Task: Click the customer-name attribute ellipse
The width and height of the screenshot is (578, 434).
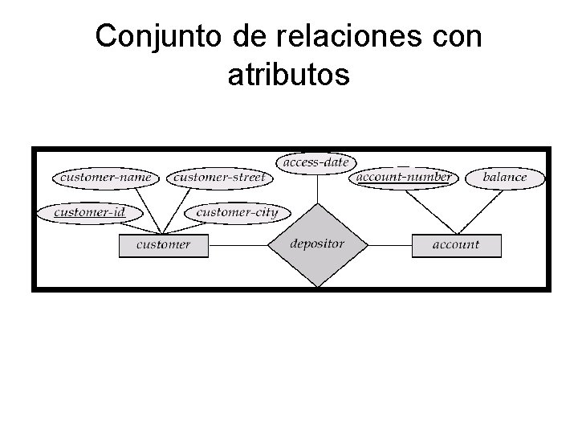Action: pyautogui.click(x=106, y=177)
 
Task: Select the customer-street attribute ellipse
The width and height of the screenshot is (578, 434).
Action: pyautogui.click(x=218, y=177)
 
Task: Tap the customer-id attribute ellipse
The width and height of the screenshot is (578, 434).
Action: pyautogui.click(x=89, y=212)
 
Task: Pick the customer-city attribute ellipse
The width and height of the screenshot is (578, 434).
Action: pyautogui.click(x=237, y=212)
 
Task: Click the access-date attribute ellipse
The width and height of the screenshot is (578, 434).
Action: pyautogui.click(x=317, y=162)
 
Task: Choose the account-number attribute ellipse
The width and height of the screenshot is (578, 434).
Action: pyautogui.click(x=403, y=177)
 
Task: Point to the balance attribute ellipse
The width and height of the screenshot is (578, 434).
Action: pyautogui.click(x=505, y=177)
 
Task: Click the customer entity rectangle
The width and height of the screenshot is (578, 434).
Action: pyautogui.click(x=163, y=244)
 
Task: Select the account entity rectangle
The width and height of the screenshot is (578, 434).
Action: pyautogui.click(x=456, y=244)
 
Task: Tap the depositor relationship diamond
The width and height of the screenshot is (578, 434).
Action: pyautogui.click(x=317, y=244)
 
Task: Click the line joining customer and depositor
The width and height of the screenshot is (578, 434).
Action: pyautogui.click(x=238, y=244)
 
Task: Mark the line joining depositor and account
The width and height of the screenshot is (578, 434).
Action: pyautogui.click(x=389, y=244)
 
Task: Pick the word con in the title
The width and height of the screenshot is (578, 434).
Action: pyautogui.click(x=456, y=38)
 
